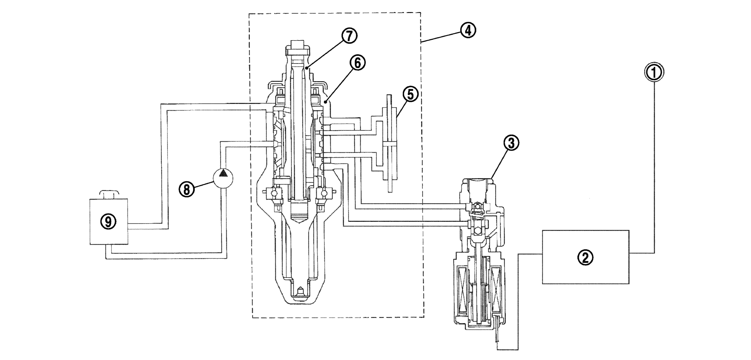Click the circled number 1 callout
[x=654, y=73]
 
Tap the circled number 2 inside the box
[x=585, y=258]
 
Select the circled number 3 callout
[x=511, y=143]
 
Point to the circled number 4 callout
[x=467, y=30]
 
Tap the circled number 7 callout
[x=349, y=36]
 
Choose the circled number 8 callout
[x=187, y=189]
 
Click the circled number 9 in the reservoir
[x=108, y=222]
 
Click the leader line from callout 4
[x=441, y=37]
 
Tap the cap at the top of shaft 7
[x=298, y=46]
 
